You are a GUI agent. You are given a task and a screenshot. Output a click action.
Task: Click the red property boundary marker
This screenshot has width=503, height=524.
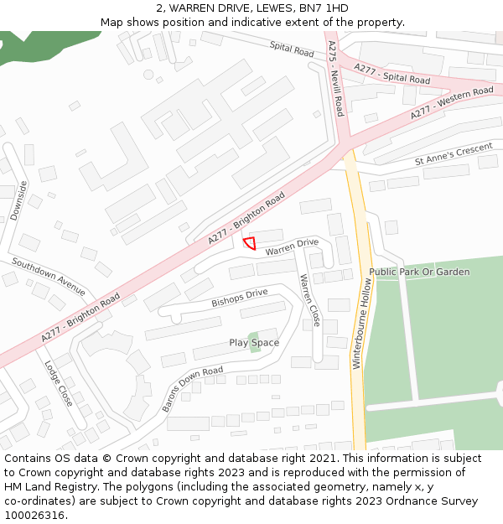click(249, 244)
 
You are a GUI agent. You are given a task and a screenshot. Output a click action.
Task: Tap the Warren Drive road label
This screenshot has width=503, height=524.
click(293, 247)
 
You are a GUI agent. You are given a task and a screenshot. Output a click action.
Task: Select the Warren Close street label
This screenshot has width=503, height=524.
click(309, 300)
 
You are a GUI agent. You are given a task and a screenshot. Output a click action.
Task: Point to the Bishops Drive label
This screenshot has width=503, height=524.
click(239, 298)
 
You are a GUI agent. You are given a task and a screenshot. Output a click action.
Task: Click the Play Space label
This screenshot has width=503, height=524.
click(254, 343)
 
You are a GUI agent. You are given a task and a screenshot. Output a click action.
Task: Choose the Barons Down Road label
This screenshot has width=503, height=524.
click(192, 388)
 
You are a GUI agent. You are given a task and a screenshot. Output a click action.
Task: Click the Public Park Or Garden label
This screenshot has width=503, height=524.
click(419, 272)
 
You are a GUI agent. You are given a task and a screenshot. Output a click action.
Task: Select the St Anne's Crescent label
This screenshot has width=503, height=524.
click(454, 153)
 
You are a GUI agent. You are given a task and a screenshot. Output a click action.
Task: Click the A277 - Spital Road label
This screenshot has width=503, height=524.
click(392, 74)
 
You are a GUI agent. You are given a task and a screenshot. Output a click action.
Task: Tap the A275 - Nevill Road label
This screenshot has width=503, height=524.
click(336, 78)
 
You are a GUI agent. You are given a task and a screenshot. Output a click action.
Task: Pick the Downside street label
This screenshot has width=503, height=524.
click(19, 200)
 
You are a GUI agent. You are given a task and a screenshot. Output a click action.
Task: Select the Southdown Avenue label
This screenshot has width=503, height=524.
click(49, 276)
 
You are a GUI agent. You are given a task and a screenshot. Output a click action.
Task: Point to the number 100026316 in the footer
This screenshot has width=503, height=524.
click(34, 516)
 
